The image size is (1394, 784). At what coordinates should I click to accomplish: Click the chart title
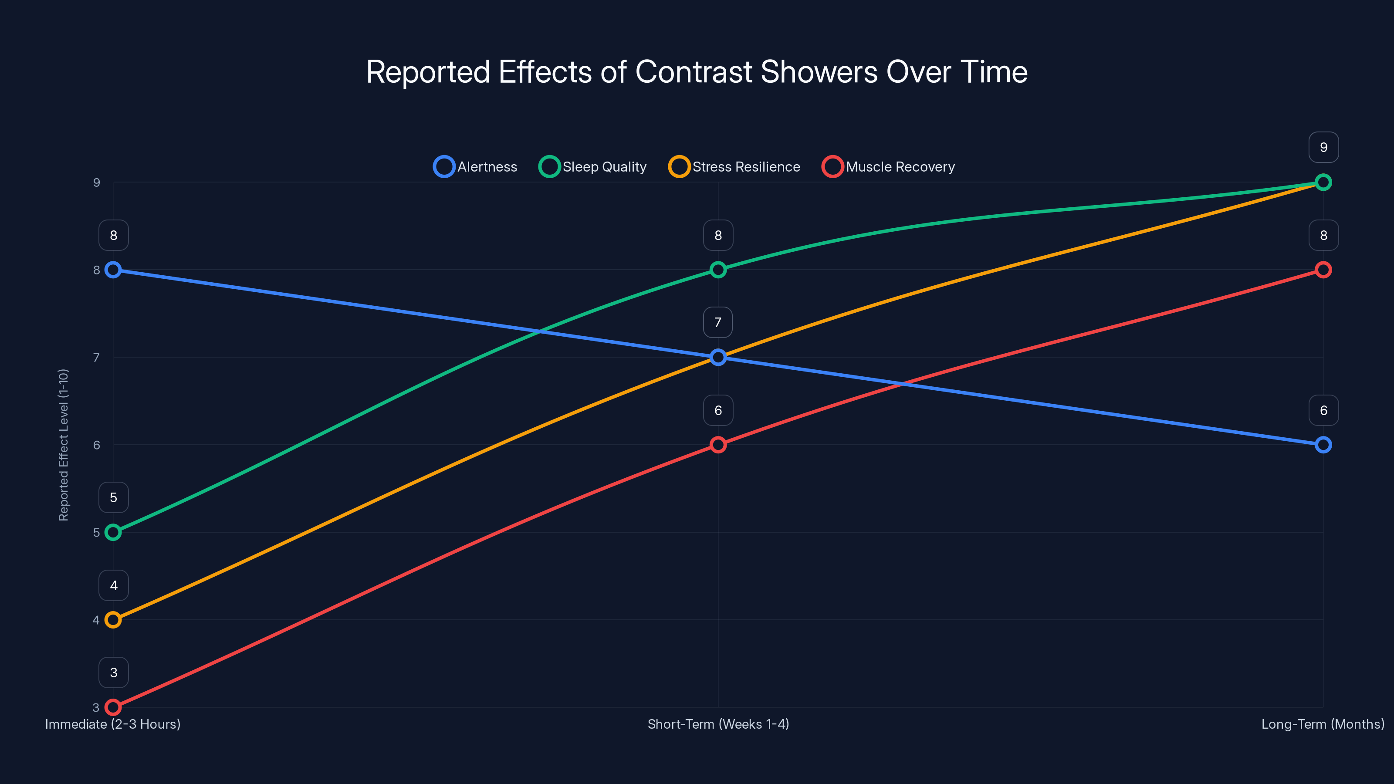697,72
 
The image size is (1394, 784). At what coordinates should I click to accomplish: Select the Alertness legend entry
476,167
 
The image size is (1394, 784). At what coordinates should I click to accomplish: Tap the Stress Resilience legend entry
735,167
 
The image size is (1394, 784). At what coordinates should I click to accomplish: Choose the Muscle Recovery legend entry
889,167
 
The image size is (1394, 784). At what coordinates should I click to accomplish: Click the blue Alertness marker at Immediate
113,270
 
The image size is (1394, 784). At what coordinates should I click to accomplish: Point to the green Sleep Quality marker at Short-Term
718,270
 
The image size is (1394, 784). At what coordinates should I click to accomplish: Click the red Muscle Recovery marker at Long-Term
1323,270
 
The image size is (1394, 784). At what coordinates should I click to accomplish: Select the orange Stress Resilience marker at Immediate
113,619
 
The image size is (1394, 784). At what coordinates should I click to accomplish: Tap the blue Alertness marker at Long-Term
1323,445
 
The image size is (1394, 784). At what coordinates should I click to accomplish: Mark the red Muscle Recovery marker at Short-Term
718,445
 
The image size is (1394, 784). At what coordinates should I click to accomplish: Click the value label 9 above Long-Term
1323,147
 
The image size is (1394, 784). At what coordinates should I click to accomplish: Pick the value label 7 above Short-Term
718,322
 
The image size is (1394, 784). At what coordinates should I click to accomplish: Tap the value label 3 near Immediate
114,672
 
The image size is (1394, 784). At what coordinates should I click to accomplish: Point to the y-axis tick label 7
96,358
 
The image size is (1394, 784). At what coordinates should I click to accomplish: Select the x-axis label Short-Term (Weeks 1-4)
718,724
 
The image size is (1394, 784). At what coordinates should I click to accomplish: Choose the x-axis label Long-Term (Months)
1323,724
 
